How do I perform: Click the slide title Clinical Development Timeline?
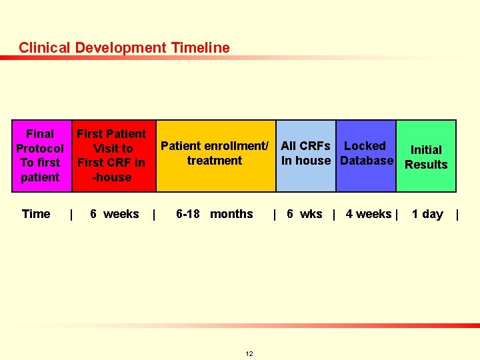pyautogui.click(x=124, y=48)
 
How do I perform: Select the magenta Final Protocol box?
pyautogui.click(x=40, y=155)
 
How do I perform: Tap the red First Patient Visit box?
pyautogui.click(x=112, y=155)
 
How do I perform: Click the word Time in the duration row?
pyautogui.click(x=36, y=214)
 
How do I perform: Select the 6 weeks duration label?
pyautogui.click(x=114, y=214)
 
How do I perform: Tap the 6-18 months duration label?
pyautogui.click(x=214, y=214)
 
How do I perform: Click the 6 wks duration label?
pyautogui.click(x=304, y=214)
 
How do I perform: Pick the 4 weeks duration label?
pyautogui.click(x=368, y=214)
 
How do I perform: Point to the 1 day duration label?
pyautogui.click(x=427, y=214)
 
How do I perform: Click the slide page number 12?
pyautogui.click(x=249, y=353)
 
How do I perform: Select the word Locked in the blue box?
pyautogui.click(x=365, y=146)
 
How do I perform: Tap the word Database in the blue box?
pyautogui.click(x=367, y=161)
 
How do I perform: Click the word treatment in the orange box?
pyautogui.click(x=215, y=161)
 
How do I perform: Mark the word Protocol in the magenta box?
pyautogui.click(x=40, y=149)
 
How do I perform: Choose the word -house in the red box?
pyautogui.click(x=111, y=177)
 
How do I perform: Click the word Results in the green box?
pyautogui.click(x=426, y=165)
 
